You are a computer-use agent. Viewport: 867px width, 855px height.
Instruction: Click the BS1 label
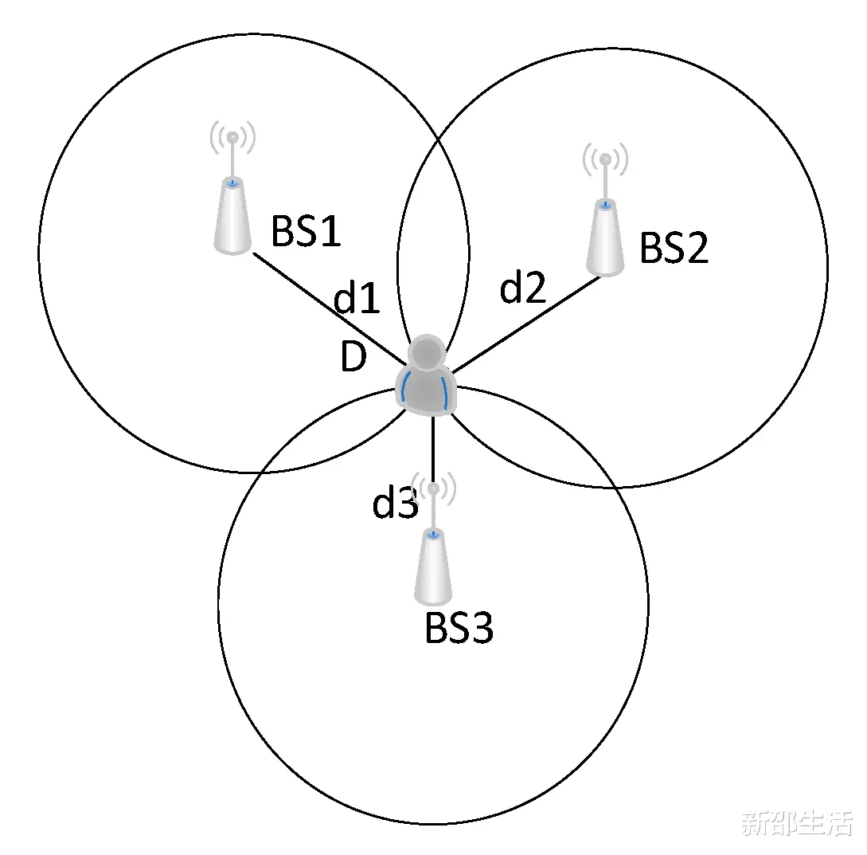[305, 231]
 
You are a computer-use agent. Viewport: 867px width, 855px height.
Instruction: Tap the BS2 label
[674, 247]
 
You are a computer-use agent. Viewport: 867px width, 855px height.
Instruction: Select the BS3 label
[459, 628]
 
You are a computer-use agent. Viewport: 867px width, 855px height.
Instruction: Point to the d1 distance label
[357, 298]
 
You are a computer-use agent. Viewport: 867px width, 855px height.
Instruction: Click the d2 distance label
[522, 287]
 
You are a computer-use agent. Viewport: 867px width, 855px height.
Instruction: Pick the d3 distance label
[395, 501]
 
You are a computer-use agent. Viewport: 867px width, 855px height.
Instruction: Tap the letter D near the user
[353, 356]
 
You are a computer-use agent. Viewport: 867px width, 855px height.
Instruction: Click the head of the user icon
[426, 352]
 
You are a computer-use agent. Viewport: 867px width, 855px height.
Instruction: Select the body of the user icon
[426, 390]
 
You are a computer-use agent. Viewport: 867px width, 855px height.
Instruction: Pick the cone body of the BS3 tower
[433, 567]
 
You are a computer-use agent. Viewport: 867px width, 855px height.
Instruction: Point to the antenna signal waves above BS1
[232, 137]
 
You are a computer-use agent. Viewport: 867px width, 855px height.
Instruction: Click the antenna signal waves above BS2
[605, 159]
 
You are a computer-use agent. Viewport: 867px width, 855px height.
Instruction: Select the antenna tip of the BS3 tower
[433, 488]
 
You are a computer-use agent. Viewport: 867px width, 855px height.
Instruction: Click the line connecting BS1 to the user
[330, 309]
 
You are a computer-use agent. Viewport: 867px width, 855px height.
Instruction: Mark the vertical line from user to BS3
[433, 449]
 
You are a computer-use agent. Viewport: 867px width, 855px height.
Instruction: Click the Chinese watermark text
[797, 823]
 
